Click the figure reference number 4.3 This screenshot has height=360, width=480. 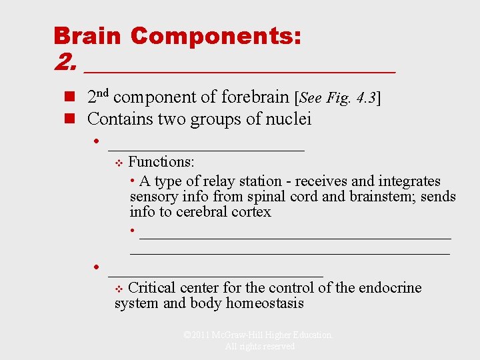[363, 97]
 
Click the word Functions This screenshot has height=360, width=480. [161, 161]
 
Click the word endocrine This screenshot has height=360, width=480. [390, 288]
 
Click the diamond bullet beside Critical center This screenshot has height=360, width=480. [119, 289]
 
